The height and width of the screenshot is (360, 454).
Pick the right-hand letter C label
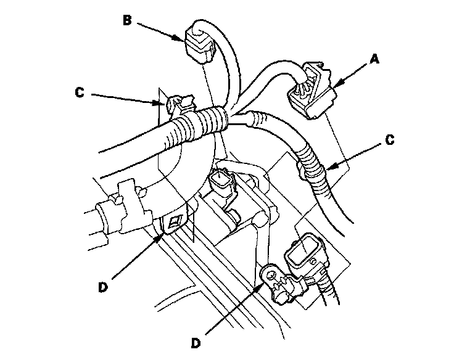pyautogui.click(x=389, y=139)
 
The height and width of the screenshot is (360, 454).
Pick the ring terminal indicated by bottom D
pyautogui.click(x=270, y=273)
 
